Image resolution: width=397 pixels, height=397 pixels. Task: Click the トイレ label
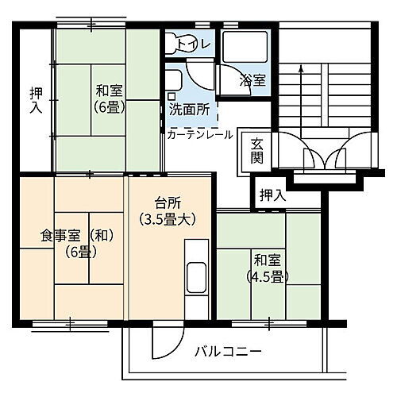pos(194,44)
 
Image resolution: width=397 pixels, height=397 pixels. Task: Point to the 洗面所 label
pos(189,110)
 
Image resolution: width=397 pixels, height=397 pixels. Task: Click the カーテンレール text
pos(199,134)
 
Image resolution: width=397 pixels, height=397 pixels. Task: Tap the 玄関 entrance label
pos(257,150)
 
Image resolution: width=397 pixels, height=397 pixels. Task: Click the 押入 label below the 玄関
pos(270,194)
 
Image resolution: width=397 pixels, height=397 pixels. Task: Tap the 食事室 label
pos(63,235)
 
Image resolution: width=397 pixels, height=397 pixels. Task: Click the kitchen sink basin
pos(196,279)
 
